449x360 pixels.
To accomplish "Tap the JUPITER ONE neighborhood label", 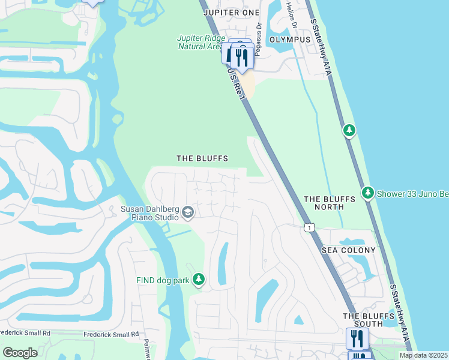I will click(231, 12).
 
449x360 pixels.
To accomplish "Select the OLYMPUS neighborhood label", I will click(290, 39).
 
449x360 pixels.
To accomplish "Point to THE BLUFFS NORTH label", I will click(324, 203).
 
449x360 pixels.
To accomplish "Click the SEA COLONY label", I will click(348, 250).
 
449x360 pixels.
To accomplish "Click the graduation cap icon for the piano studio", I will click(187, 213).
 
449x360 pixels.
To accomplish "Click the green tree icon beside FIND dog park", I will click(199, 280).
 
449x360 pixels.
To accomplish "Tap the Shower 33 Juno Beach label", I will click(412, 193).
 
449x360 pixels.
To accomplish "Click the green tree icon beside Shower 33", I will click(368, 193).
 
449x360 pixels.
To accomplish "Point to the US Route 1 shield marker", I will click(309, 227).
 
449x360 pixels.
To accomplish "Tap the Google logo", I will click(20, 352).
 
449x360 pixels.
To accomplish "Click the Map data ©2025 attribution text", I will click(423, 355).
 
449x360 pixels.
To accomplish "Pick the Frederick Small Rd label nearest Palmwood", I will click(111, 334).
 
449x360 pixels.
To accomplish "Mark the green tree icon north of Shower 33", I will click(349, 130).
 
